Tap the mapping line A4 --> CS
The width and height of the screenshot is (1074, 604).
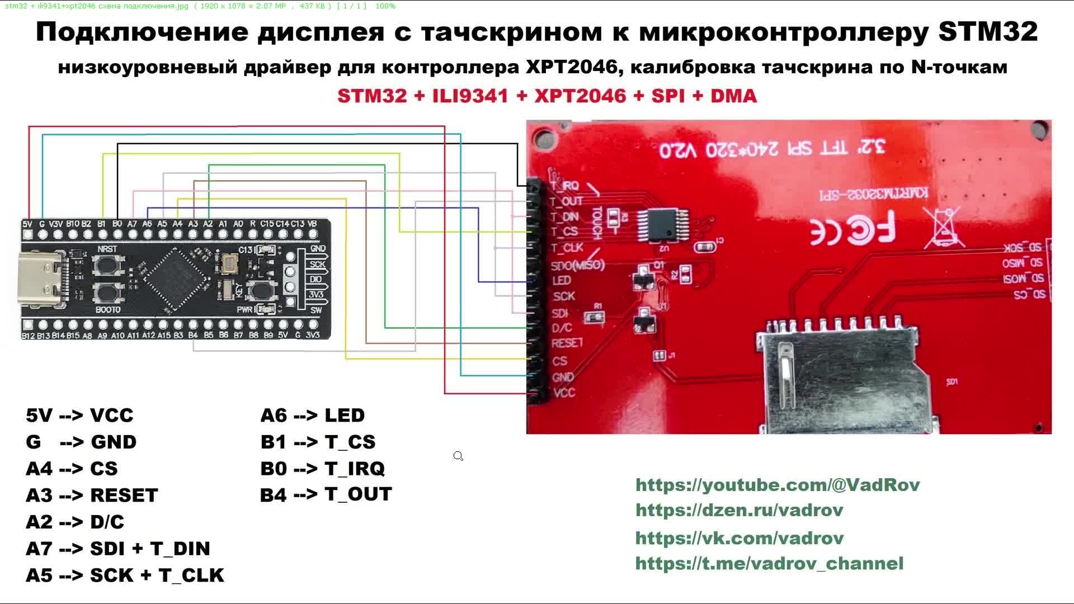[x=72, y=469]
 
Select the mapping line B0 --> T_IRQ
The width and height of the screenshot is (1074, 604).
[x=322, y=469]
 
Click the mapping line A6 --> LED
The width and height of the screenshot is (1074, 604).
[x=312, y=416]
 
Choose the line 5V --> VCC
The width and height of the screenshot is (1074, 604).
[x=79, y=416]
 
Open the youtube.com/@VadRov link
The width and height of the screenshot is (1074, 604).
[x=778, y=485]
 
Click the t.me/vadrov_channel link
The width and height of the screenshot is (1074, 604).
[x=769, y=564]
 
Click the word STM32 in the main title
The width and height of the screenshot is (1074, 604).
[x=988, y=32]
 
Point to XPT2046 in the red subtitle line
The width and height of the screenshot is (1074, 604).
[x=580, y=96]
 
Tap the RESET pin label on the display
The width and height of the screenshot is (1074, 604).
[x=567, y=343]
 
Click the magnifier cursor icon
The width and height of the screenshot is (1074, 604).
[x=458, y=456]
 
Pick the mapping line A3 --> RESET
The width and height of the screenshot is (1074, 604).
[x=92, y=496]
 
